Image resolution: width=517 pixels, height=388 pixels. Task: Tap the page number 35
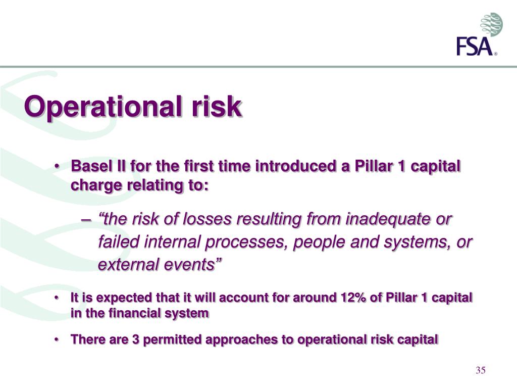tap(480, 371)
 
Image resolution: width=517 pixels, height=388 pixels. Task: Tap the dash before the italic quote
tap(85, 220)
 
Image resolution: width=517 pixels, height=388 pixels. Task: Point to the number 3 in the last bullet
tap(136, 339)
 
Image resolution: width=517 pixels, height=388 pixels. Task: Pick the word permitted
tap(171, 339)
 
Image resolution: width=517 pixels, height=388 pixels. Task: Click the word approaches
tap(244, 339)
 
